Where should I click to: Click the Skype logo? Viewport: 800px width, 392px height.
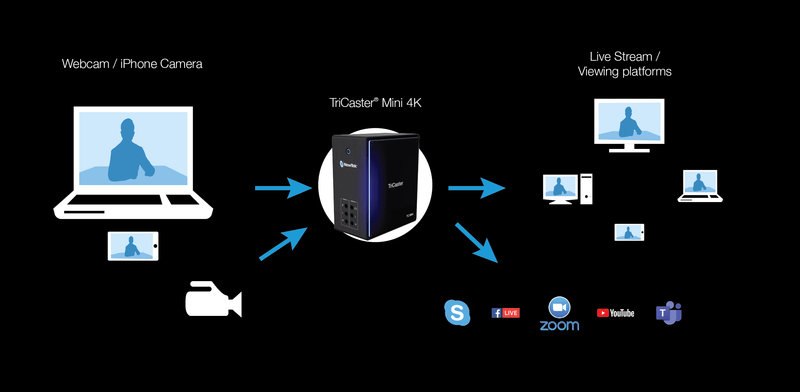click(457, 313)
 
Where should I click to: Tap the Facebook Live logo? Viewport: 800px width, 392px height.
click(505, 313)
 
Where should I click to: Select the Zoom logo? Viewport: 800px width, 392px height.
click(559, 313)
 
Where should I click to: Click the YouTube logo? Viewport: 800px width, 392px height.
click(615, 313)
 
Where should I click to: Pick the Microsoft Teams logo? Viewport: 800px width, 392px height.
click(667, 312)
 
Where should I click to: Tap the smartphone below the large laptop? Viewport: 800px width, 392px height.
click(133, 246)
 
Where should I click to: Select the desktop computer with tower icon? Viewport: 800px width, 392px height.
click(566, 188)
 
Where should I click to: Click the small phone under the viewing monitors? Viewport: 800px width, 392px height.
click(629, 232)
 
